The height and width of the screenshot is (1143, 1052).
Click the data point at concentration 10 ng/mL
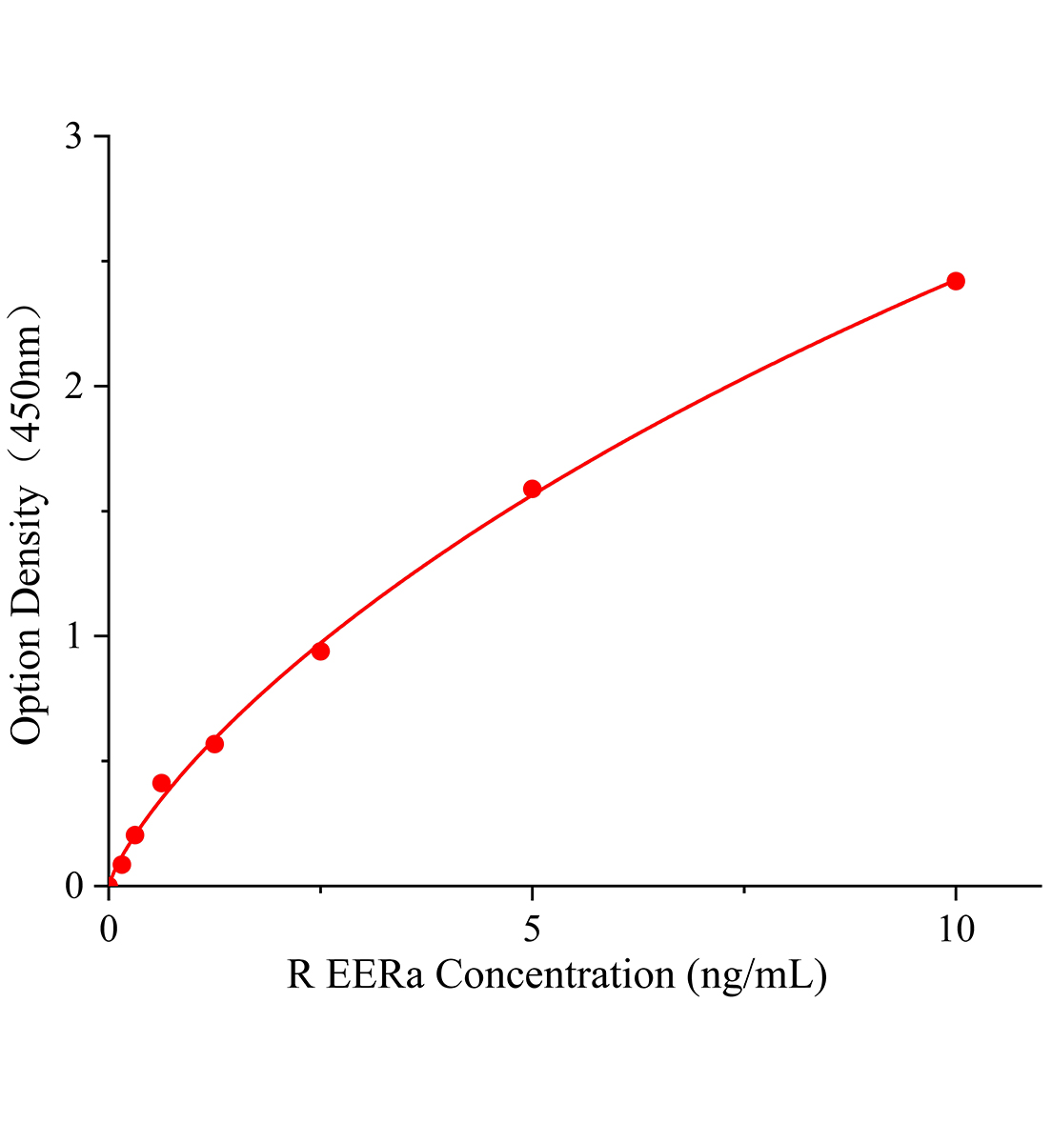click(x=955, y=281)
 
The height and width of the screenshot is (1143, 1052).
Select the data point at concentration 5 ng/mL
click(x=533, y=489)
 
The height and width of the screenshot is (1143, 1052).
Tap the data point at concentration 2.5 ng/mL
click(x=320, y=652)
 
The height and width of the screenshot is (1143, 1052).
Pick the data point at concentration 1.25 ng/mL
click(x=214, y=744)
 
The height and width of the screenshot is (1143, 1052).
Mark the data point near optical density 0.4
click(x=161, y=783)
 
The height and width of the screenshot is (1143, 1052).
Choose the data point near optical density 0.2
click(x=135, y=835)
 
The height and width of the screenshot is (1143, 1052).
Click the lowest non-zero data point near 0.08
click(x=122, y=865)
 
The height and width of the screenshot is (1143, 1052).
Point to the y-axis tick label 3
click(x=73, y=137)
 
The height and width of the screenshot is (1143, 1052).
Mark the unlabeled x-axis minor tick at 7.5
click(x=744, y=891)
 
